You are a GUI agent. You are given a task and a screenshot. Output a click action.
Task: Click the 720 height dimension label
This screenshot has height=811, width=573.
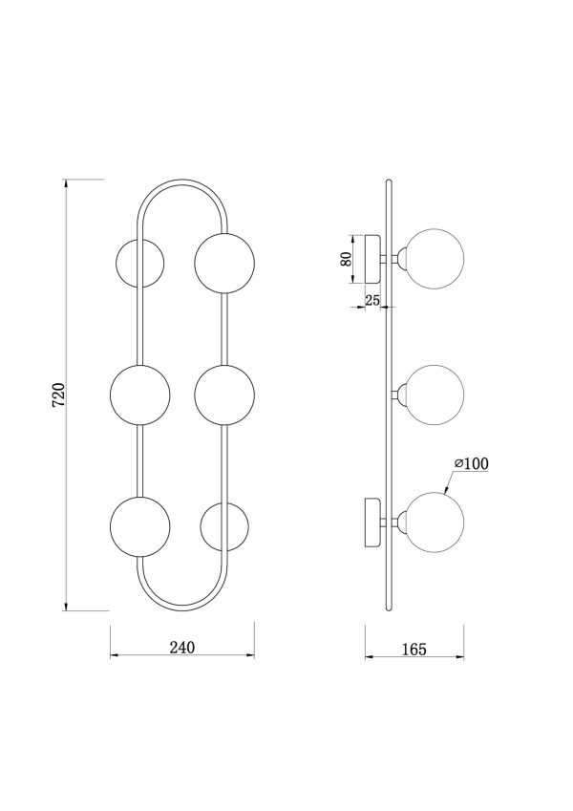tap(58, 395)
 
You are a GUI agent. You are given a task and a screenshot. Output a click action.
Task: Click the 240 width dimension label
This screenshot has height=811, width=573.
tap(182, 647)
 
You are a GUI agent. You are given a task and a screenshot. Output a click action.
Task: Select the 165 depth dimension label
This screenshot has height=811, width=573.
tap(414, 650)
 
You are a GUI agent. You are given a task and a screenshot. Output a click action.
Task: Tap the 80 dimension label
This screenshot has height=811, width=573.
tap(347, 258)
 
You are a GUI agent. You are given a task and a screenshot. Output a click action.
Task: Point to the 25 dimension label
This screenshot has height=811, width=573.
tap(371, 300)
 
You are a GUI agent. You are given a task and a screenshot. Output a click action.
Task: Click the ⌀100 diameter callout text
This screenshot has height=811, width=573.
tap(471, 463)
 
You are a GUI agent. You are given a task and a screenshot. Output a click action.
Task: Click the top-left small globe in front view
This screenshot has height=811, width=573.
tap(139, 263)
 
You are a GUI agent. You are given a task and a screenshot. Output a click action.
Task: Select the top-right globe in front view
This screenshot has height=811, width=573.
tap(224, 264)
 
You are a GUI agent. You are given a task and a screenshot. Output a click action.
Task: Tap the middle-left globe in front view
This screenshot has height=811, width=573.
tap(139, 395)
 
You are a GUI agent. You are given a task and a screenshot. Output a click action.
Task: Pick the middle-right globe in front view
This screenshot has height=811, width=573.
tap(224, 395)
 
